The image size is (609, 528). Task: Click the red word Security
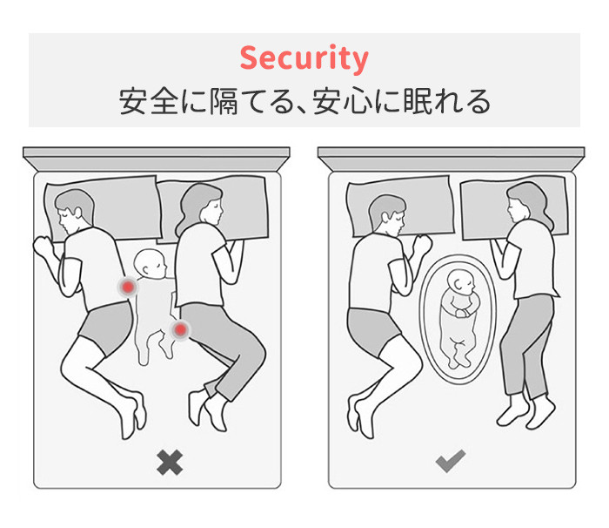[x=304, y=58]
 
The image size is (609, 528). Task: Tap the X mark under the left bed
[x=170, y=463]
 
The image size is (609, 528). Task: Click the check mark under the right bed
[x=450, y=461]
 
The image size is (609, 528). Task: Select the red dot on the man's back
[x=128, y=288]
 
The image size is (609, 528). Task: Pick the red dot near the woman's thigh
[x=180, y=330]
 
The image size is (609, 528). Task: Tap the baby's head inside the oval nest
[x=461, y=283]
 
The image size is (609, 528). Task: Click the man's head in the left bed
[x=74, y=212]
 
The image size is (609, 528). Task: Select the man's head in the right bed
[x=387, y=215]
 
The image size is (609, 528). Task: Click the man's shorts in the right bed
[x=373, y=331]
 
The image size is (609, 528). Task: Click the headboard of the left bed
[x=156, y=159]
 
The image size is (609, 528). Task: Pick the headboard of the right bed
[x=451, y=159]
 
